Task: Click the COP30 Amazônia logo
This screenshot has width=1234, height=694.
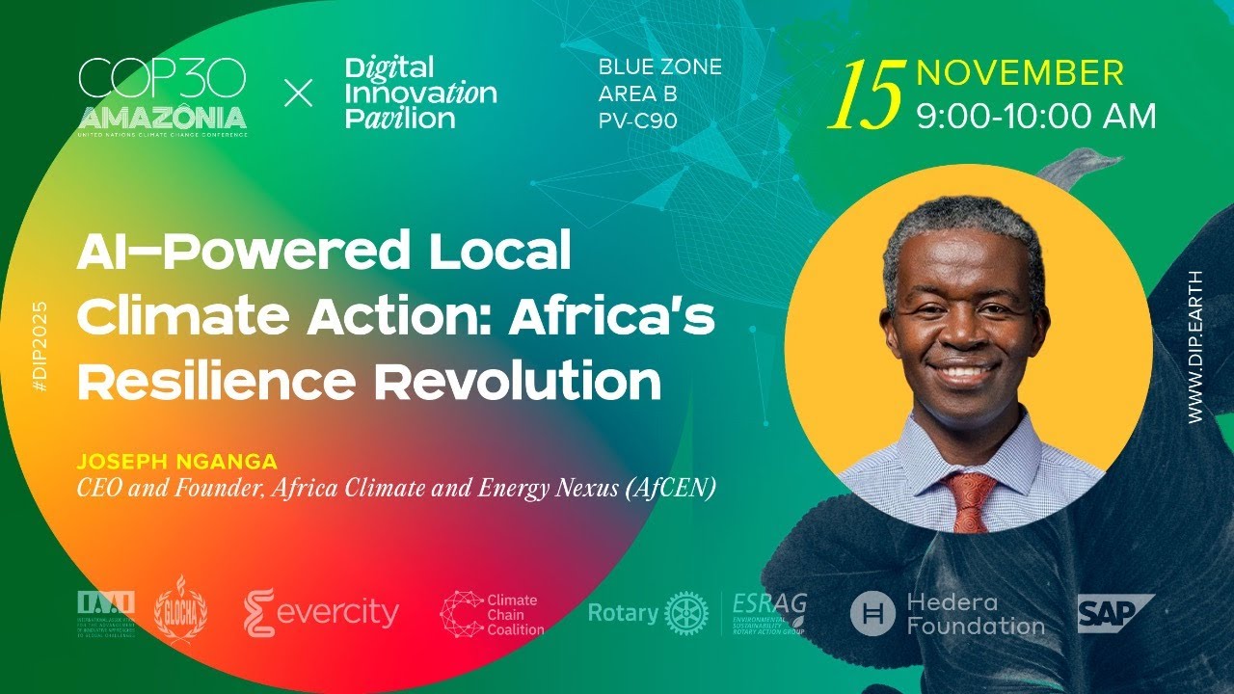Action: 162,96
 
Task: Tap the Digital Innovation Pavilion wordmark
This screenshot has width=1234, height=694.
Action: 420,93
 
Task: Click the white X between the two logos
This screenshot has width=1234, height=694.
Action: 299,93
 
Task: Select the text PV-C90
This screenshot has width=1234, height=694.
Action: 637,120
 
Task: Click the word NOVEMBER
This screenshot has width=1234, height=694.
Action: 1019,73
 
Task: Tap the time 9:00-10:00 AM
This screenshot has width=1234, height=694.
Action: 1035,117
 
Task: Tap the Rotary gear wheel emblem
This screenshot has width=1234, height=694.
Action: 685,613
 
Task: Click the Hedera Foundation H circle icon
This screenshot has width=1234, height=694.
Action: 872,614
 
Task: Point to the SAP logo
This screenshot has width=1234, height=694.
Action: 1113,614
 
